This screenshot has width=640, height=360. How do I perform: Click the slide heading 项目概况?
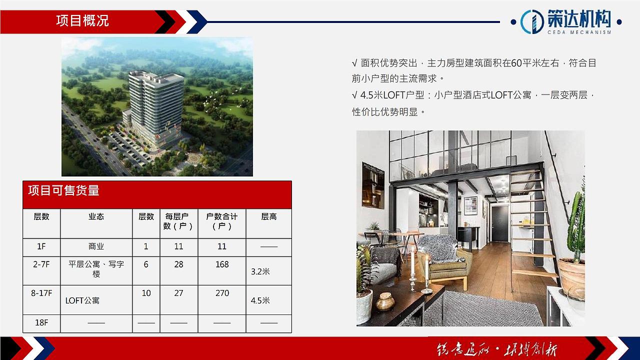pos(82,21)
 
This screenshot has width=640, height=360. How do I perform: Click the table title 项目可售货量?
pos(63,190)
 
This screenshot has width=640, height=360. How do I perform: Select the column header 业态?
pos(96,217)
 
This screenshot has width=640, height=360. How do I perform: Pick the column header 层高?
pos(269,217)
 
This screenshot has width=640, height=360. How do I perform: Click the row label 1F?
pos(41,246)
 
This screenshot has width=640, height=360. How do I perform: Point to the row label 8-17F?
pos(41,293)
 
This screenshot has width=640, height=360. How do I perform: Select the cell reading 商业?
pos(96,246)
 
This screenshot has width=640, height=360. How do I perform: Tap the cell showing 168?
pos(222,264)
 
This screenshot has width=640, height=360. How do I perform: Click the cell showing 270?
pos(222,293)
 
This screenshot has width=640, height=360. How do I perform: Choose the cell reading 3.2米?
pos(260,271)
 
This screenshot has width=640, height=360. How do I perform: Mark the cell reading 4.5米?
pos(260,300)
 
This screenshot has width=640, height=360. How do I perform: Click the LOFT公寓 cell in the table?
pos(82,300)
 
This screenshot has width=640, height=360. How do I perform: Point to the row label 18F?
pos(41,322)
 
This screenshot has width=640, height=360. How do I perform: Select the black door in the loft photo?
pos(499,223)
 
